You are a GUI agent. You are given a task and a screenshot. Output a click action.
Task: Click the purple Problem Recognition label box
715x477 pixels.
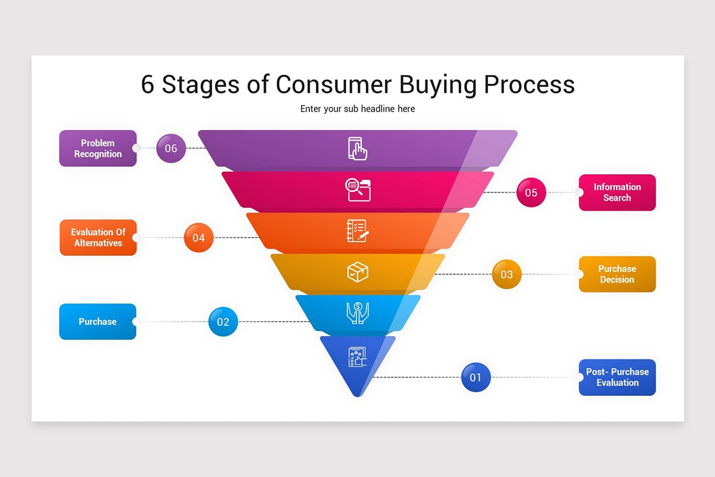tap(98, 148)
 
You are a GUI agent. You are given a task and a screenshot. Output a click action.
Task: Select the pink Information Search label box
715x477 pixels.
tap(617, 193)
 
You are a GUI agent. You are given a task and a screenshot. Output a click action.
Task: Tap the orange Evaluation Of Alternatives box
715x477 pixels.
tap(98, 237)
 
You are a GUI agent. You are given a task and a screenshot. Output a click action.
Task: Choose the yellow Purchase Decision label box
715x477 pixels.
tap(617, 274)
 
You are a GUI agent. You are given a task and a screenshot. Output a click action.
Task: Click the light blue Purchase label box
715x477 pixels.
tap(98, 321)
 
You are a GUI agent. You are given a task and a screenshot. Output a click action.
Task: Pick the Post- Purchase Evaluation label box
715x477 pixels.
tap(617, 377)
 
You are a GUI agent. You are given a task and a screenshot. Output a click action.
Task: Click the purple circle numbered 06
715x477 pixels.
tap(171, 148)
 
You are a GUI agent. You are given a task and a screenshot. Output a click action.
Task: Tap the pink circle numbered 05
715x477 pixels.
tap(531, 193)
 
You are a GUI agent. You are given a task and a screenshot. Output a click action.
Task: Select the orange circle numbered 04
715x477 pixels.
tap(198, 238)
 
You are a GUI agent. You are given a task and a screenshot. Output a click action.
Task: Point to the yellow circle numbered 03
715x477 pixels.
tap(506, 274)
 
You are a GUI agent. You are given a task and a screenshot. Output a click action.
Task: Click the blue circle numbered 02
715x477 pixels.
tap(223, 322)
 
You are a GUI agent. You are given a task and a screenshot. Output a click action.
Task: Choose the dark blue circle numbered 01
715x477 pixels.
tap(475, 377)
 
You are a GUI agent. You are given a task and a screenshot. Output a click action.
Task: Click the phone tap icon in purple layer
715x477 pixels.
tap(357, 148)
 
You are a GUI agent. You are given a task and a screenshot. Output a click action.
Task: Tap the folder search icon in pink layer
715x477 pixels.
tap(357, 190)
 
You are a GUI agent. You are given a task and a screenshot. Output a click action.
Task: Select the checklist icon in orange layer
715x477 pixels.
tap(357, 231)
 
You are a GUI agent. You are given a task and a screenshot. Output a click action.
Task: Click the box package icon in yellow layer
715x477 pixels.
tap(357, 272)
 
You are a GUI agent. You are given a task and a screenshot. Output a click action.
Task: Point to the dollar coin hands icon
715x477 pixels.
tap(357, 313)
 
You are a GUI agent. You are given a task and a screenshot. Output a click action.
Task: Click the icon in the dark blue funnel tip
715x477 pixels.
tap(357, 357)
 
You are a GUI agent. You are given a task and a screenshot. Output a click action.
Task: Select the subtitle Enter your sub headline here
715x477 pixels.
tap(357, 109)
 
